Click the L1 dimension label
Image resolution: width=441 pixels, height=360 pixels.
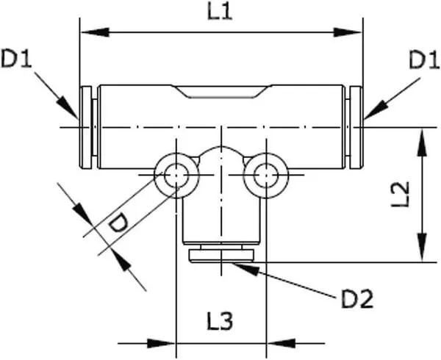220,12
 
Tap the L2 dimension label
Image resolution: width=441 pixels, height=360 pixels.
401,194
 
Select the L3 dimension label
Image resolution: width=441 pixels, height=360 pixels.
220,321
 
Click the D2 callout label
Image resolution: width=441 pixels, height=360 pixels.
357,298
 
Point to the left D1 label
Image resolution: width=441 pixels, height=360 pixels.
16,58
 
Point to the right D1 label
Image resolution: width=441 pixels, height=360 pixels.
424,60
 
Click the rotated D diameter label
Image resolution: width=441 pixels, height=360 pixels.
118,223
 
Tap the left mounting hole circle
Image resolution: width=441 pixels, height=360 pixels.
176,176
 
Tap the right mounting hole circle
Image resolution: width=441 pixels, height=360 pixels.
266,176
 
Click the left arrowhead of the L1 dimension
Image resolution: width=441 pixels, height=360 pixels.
95,32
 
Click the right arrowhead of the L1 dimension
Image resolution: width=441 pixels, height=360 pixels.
348,32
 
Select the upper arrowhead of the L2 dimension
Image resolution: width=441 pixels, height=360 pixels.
422,142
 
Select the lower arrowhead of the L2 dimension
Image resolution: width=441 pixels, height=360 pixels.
422,248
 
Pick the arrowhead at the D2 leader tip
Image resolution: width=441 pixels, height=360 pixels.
245,268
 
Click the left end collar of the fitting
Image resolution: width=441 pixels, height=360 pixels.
86,128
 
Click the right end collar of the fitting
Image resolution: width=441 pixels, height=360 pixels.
356,128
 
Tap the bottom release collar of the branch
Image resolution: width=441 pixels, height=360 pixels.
221,256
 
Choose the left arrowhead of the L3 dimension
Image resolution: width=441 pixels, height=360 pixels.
162,343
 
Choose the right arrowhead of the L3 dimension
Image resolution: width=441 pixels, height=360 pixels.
281,343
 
